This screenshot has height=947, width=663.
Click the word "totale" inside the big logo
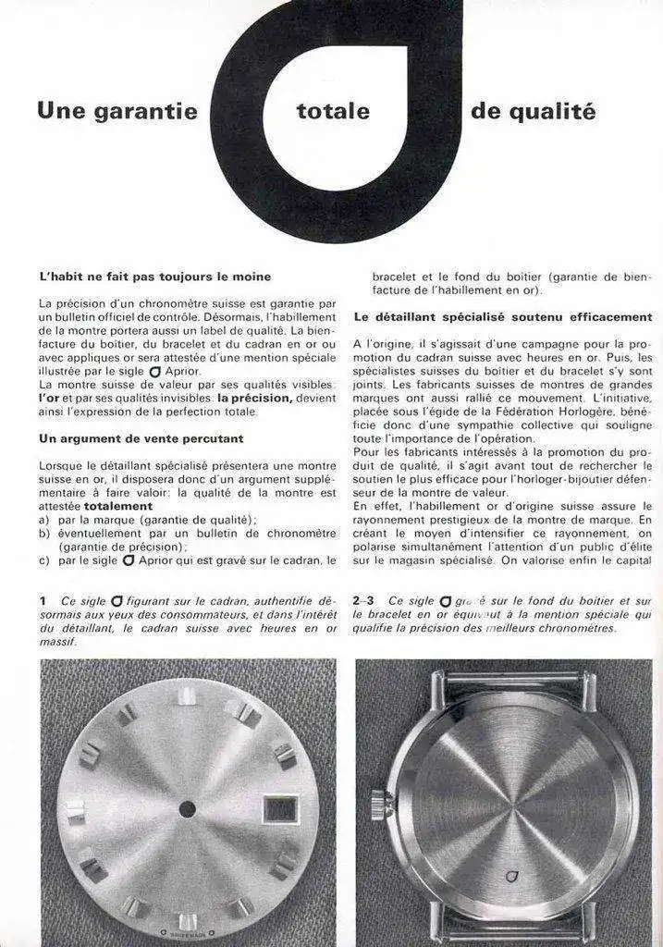click(x=333, y=112)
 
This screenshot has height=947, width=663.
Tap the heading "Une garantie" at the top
click(x=117, y=112)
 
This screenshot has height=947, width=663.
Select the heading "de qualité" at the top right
click(x=533, y=112)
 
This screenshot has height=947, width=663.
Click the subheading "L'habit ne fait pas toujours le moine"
click(x=155, y=276)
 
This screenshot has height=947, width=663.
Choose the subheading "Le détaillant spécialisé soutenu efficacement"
click(x=503, y=316)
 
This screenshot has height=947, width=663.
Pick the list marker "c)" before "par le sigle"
click(x=45, y=560)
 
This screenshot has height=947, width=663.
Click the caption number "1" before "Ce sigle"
click(x=43, y=600)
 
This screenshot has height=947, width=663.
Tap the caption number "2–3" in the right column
click(x=365, y=600)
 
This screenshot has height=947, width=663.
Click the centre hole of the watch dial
click(x=188, y=808)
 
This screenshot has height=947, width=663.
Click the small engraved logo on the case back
click(x=510, y=875)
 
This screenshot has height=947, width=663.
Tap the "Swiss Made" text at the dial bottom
click(x=188, y=932)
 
